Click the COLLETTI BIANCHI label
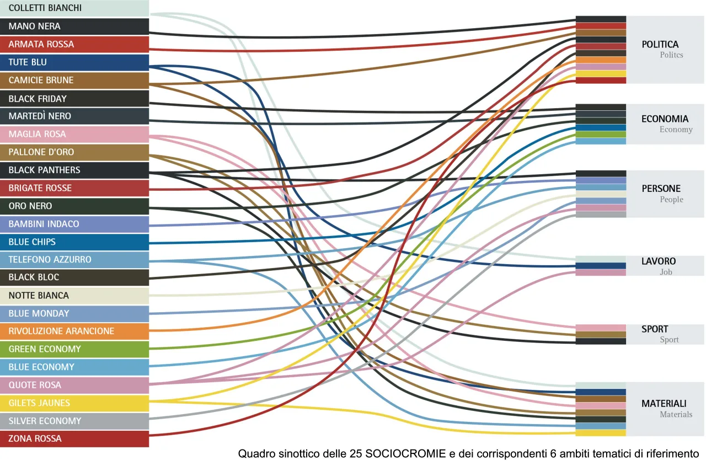pyautogui.click(x=45, y=8)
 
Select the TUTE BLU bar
pyautogui.click(x=74, y=62)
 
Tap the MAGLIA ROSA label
pyautogui.click(x=37, y=135)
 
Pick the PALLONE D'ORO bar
pyautogui.click(x=74, y=152)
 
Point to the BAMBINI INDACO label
pyautogui.click(x=44, y=224)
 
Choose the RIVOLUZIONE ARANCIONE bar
pyautogui.click(x=74, y=331)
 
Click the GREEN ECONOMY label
pyautogui.click(x=45, y=349)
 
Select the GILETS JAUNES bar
pyautogui.click(x=74, y=403)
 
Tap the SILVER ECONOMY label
pyautogui.click(x=45, y=421)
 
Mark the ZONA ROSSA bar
pyautogui.click(x=74, y=439)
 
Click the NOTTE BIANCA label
pyautogui.click(x=39, y=296)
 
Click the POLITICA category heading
pyautogui.click(x=660, y=45)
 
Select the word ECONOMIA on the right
pyautogui.click(x=665, y=119)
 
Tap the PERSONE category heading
pyautogui.click(x=661, y=189)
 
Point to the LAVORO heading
pyautogui.click(x=659, y=261)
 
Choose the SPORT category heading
pyautogui.click(x=655, y=329)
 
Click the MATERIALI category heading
pyautogui.click(x=664, y=404)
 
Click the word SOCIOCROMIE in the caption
pyautogui.click(x=405, y=454)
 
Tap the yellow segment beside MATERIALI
pyautogui.click(x=601, y=433)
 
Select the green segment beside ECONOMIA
pyautogui.click(x=601, y=135)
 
